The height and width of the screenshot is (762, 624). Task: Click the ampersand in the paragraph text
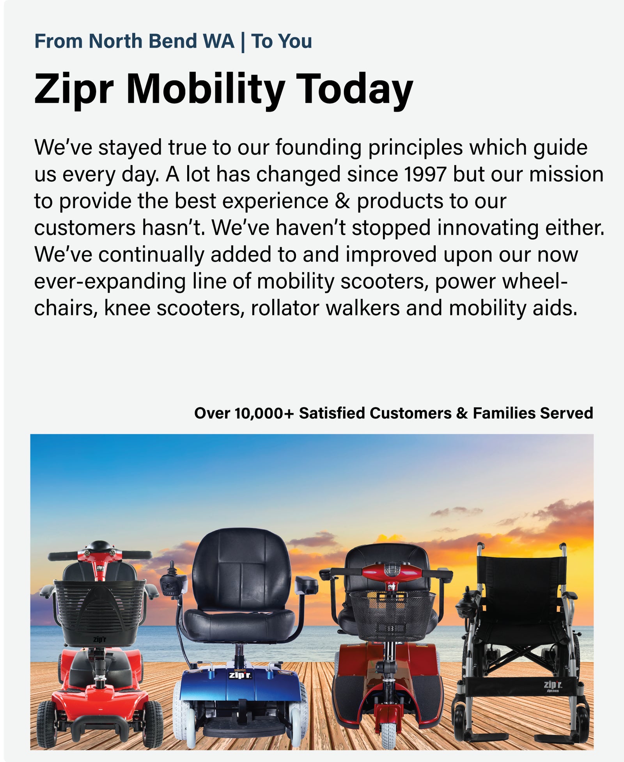click(x=342, y=201)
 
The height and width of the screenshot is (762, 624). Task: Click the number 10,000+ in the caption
click(x=264, y=413)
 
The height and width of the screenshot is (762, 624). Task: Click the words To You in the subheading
click(x=282, y=41)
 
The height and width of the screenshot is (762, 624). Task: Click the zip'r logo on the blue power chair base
click(x=240, y=675)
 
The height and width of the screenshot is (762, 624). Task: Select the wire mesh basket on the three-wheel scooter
click(x=392, y=615)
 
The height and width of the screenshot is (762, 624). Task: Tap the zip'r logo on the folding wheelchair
click(x=553, y=685)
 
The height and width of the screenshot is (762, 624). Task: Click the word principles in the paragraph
click(x=415, y=148)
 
